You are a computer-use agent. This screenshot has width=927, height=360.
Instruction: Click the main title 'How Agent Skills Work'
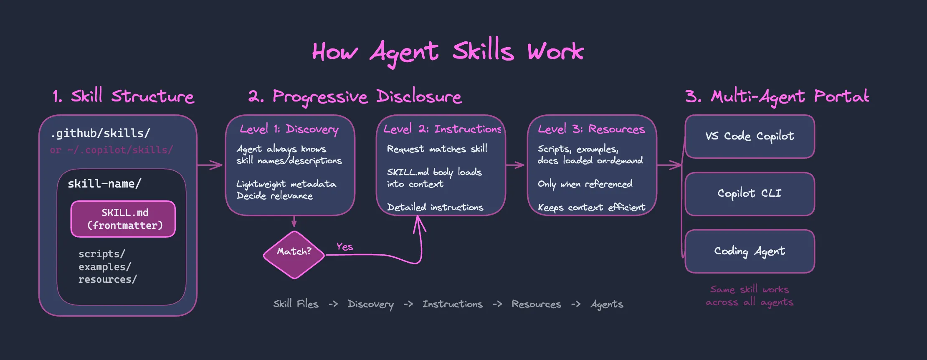pyautogui.click(x=448, y=52)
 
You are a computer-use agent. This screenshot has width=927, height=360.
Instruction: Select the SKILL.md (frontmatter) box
pyautogui.click(x=123, y=219)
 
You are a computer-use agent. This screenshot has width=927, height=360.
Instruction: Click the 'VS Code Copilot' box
pyautogui.click(x=750, y=137)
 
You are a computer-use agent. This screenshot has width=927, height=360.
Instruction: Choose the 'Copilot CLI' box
pyautogui.click(x=750, y=194)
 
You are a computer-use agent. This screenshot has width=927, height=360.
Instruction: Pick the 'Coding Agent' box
pyautogui.click(x=750, y=251)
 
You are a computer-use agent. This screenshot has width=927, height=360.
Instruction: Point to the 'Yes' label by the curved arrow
pyautogui.click(x=345, y=247)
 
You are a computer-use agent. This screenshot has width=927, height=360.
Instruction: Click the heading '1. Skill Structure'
pyautogui.click(x=123, y=96)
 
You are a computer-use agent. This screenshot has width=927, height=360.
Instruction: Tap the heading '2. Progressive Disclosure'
pyautogui.click(x=355, y=96)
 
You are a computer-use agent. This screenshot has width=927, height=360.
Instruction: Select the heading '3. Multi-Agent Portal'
pyautogui.click(x=777, y=96)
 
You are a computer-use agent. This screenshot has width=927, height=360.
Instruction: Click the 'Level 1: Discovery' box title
pyautogui.click(x=289, y=129)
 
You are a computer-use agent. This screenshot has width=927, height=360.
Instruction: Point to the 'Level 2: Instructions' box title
pyautogui.click(x=442, y=129)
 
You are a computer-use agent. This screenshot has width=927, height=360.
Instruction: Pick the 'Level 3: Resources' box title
pyautogui.click(x=591, y=129)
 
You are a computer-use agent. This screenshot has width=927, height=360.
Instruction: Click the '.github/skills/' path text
pyautogui.click(x=100, y=133)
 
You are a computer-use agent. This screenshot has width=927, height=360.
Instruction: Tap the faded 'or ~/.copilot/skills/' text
pyautogui.click(x=111, y=150)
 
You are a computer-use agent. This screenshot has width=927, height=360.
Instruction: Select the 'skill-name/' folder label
pyautogui.click(x=104, y=184)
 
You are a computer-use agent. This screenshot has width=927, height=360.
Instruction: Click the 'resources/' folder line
pyautogui.click(x=107, y=279)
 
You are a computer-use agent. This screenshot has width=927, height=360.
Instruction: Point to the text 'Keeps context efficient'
pyautogui.click(x=591, y=207)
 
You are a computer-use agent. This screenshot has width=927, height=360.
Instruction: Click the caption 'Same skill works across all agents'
pyautogui.click(x=750, y=296)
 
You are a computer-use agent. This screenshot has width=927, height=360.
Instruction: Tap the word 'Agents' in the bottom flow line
pyautogui.click(x=607, y=304)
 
